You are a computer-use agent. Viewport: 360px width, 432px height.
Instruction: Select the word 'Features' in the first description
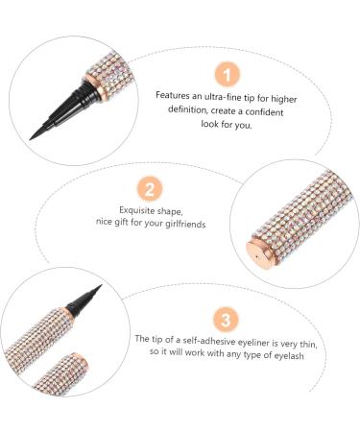point(175,96)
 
